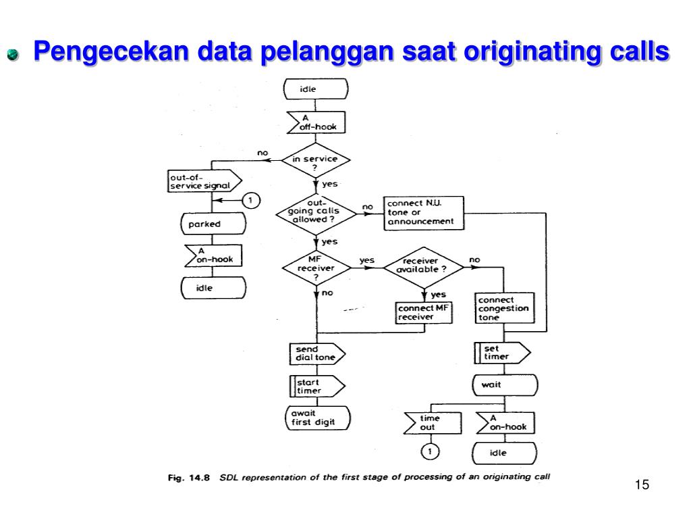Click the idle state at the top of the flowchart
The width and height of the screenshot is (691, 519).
(x=315, y=89)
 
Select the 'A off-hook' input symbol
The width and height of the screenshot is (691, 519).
(x=316, y=122)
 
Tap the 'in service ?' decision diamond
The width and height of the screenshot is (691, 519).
(x=315, y=162)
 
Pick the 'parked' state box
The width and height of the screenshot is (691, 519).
(x=212, y=224)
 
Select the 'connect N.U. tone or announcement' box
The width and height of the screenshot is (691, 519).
(x=424, y=213)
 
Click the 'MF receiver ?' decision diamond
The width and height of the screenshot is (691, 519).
(x=315, y=267)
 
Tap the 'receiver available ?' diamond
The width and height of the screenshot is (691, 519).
(x=424, y=267)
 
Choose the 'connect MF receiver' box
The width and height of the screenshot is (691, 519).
(x=424, y=313)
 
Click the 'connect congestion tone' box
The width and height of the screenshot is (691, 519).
(x=505, y=309)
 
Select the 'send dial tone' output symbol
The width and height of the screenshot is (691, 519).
(x=316, y=353)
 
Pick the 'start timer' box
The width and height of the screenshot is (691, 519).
(x=316, y=386)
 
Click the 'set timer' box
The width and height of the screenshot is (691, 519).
(x=503, y=353)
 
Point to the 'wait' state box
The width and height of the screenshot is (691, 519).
(x=505, y=385)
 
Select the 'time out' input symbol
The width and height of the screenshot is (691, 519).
(x=432, y=423)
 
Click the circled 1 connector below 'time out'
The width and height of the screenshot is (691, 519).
(x=430, y=451)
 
